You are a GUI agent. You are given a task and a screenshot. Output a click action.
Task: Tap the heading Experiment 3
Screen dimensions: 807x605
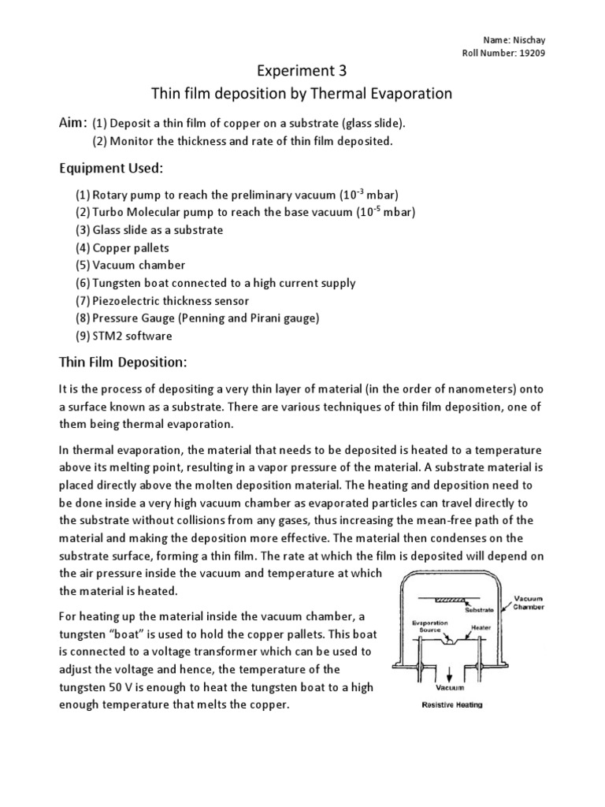(302, 71)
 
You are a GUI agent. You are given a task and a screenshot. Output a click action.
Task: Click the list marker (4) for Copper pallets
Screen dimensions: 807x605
(83, 247)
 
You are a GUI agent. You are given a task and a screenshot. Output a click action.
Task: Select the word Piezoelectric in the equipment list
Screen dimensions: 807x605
(125, 300)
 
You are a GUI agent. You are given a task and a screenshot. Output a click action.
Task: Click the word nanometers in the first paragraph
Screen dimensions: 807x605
(446, 389)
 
